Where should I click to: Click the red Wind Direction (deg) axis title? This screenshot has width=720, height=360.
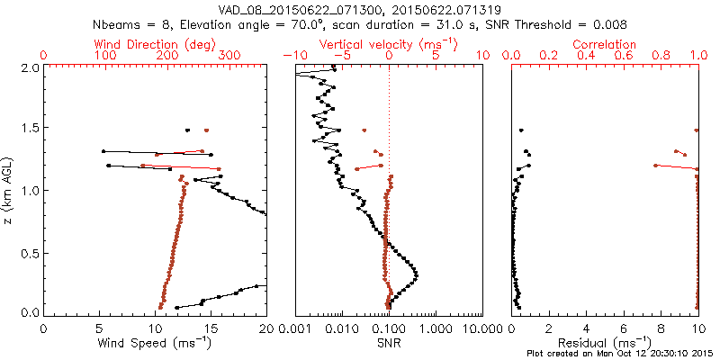pyautogui.click(x=154, y=44)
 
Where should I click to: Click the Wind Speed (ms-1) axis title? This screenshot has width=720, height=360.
pyautogui.click(x=156, y=343)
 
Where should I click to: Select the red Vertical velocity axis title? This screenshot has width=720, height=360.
pyautogui.click(x=389, y=44)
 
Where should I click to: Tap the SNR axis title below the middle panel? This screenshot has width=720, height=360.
pyautogui.click(x=389, y=343)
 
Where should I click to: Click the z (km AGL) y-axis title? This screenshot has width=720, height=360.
pyautogui.click(x=10, y=190)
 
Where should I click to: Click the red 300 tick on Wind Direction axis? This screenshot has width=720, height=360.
pyautogui.click(x=230, y=56)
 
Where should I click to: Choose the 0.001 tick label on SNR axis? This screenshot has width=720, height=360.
pyautogui.click(x=295, y=328)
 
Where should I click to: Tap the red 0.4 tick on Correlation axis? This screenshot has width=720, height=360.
pyautogui.click(x=587, y=56)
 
